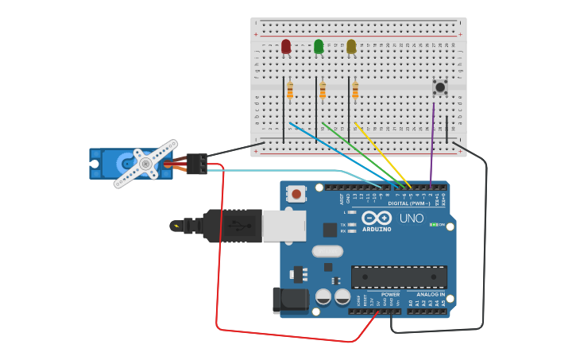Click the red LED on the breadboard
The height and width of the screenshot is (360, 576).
(286, 47)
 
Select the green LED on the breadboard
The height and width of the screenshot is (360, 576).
(319, 47)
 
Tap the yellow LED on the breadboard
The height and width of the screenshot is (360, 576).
(351, 47)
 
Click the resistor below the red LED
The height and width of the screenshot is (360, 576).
(290, 90)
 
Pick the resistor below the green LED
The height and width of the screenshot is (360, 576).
(323, 90)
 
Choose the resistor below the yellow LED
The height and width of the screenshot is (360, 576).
(355, 90)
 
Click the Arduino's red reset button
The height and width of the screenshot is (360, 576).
(296, 193)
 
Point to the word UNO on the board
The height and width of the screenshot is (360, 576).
(411, 218)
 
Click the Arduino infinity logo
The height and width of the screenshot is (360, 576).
(377, 217)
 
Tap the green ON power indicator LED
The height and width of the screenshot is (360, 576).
(434, 224)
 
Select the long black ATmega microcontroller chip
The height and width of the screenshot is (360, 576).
(399, 277)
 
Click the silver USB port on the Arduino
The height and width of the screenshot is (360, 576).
(284, 226)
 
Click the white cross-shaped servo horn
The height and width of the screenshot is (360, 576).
(145, 164)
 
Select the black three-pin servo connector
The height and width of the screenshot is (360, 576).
(197, 163)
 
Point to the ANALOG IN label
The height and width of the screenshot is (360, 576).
(431, 294)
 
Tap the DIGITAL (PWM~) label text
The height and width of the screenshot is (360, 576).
(409, 203)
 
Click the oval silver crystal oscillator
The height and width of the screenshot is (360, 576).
(327, 251)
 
